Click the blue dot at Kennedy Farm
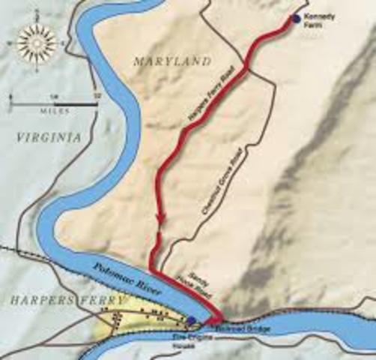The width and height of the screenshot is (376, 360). [297, 19]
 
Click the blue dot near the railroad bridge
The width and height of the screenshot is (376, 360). [192, 320]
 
